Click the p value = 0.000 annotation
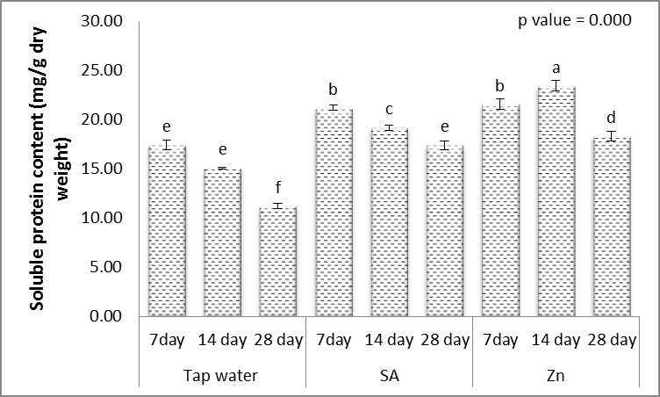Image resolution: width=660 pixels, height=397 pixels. (575, 22)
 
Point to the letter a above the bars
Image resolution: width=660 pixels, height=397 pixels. (556, 67)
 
